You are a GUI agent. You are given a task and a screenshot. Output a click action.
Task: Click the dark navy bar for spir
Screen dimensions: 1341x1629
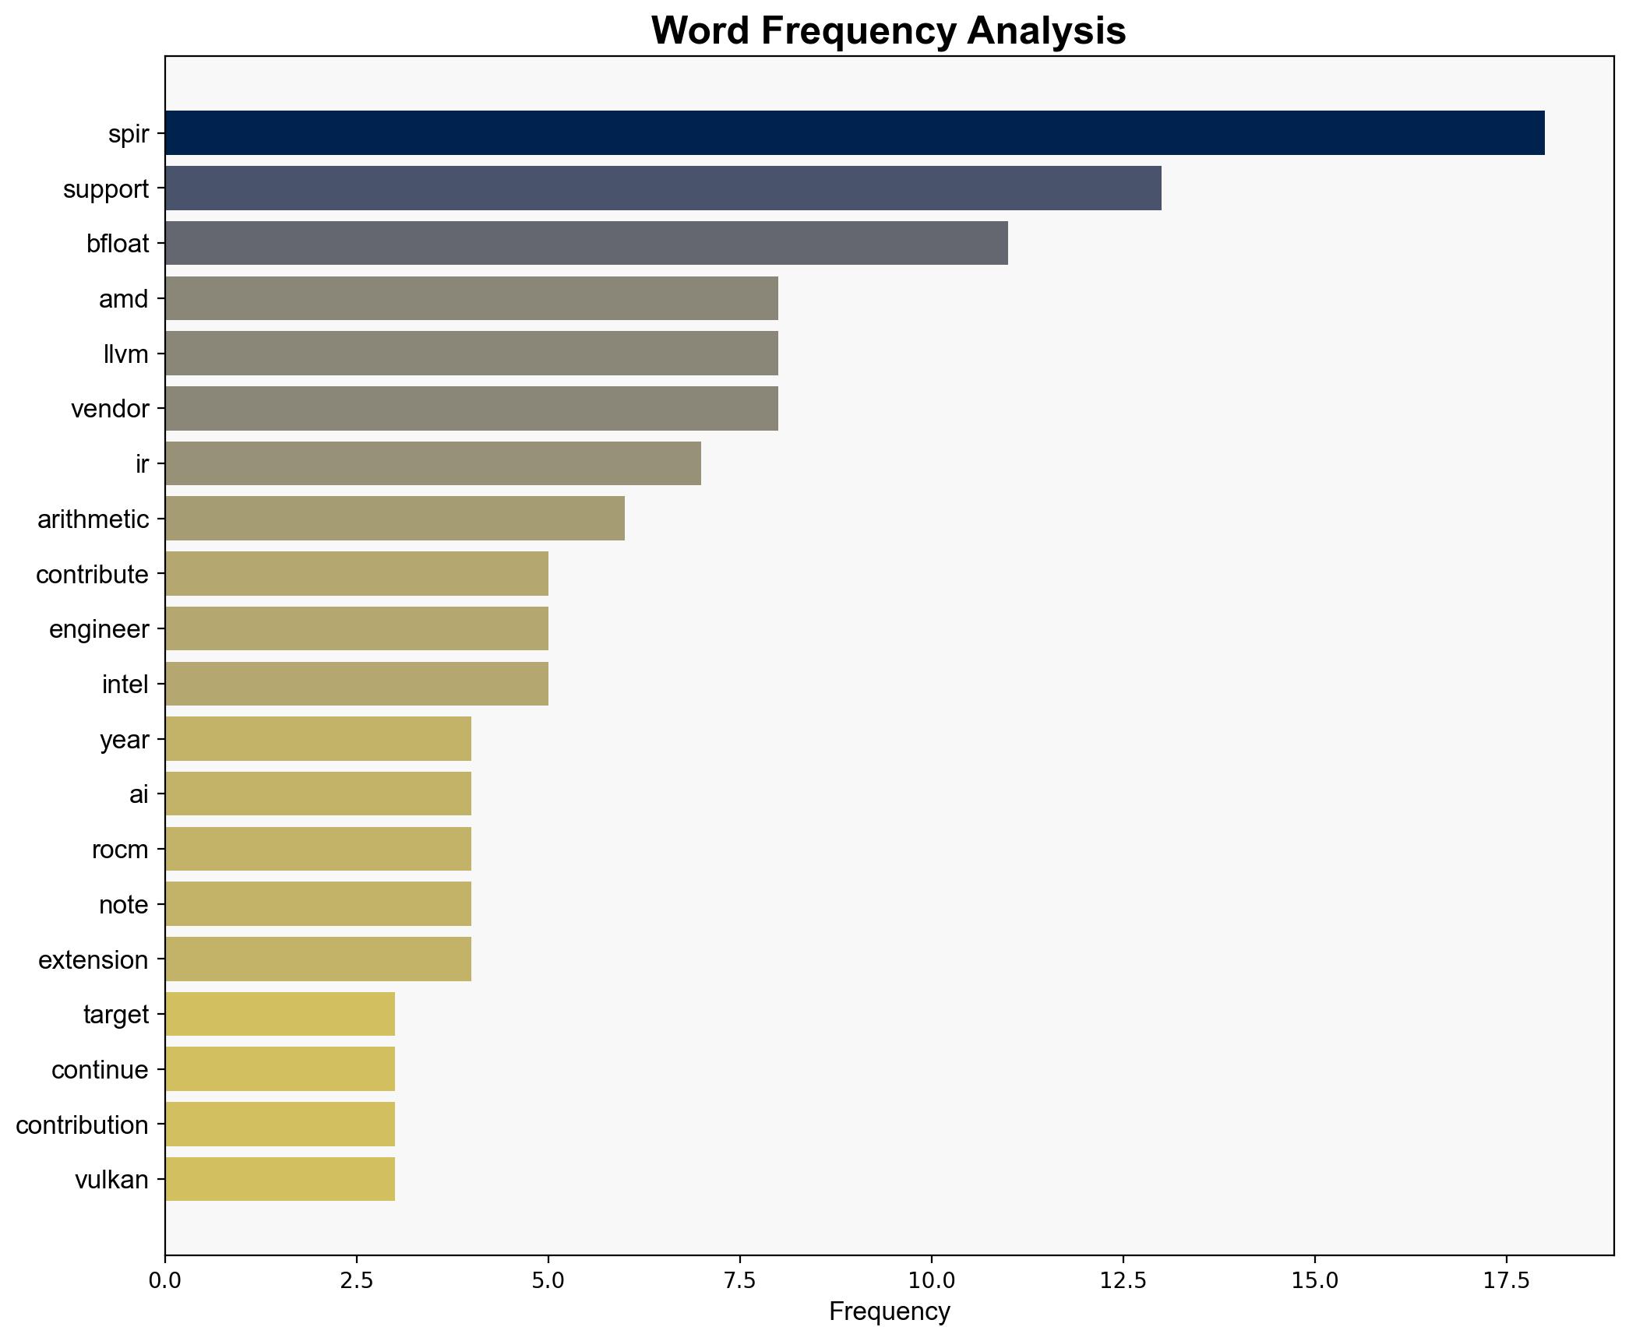(854, 133)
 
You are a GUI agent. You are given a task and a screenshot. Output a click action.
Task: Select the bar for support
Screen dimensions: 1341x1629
(662, 188)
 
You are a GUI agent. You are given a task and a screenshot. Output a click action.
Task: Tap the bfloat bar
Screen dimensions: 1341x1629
(586, 243)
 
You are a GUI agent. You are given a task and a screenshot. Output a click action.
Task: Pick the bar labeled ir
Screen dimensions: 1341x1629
(432, 463)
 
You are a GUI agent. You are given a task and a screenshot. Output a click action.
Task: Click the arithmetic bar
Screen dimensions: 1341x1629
(394, 519)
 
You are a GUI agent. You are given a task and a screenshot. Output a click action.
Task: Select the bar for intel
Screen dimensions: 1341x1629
(356, 684)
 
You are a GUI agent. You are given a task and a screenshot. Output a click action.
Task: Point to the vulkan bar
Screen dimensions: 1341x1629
(280, 1179)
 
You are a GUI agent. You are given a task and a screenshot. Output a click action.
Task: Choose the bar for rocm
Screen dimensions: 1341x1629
(318, 849)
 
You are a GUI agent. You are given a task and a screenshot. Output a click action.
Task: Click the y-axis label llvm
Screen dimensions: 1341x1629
(125, 354)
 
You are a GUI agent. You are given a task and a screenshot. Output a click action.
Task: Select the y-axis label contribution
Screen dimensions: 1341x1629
(82, 1125)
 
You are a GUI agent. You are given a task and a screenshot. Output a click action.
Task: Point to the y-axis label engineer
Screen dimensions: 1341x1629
(98, 629)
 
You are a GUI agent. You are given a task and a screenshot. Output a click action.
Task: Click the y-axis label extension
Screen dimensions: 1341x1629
(93, 959)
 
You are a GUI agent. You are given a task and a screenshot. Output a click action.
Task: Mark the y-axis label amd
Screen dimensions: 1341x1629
(123, 299)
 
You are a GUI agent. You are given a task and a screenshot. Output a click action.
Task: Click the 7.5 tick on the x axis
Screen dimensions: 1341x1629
(739, 1280)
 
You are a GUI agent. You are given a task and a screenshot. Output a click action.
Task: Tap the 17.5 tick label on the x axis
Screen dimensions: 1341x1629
(1505, 1280)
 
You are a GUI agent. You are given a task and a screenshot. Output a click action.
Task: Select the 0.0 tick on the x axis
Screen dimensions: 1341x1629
(165, 1280)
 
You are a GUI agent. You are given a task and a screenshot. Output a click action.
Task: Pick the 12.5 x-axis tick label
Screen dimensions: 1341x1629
(1123, 1280)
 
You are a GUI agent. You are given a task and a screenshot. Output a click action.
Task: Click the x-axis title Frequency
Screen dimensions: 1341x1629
(889, 1312)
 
